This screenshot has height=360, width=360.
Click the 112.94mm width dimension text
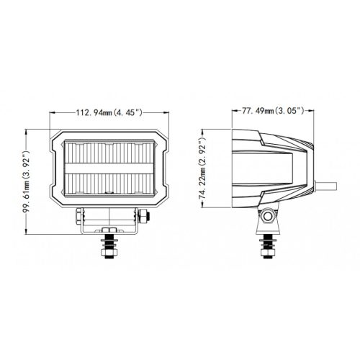click(x=107, y=112)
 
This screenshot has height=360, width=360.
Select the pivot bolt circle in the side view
click(x=268, y=217)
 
